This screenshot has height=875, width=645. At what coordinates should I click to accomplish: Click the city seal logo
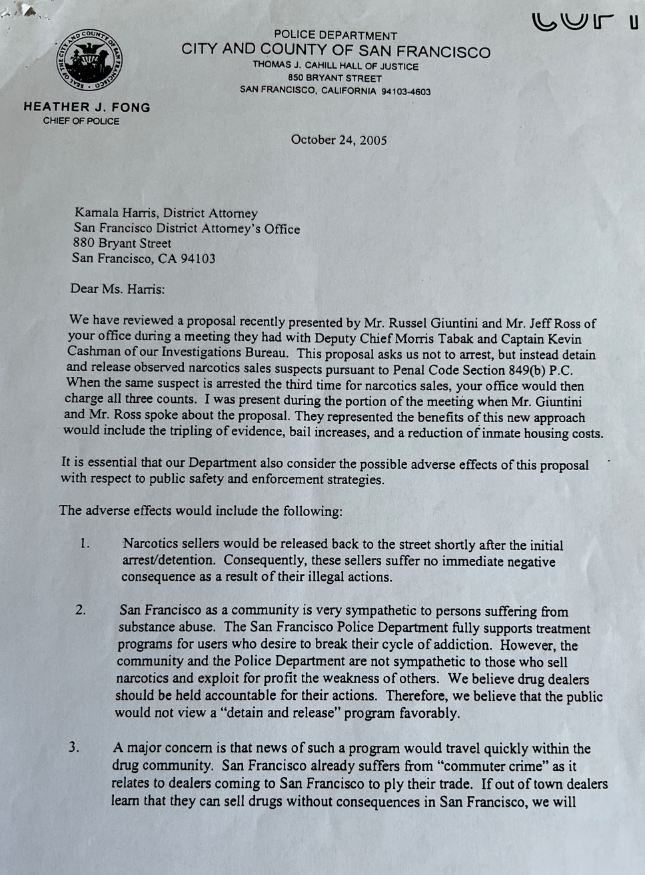pyautogui.click(x=89, y=60)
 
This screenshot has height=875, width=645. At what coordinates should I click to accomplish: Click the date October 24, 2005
pyautogui.click(x=338, y=140)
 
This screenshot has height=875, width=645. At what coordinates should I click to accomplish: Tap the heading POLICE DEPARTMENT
pyautogui.click(x=335, y=35)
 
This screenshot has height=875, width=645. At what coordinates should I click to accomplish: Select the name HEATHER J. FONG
pyautogui.click(x=87, y=107)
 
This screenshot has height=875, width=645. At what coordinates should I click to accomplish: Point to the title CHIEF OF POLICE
pyautogui.click(x=81, y=121)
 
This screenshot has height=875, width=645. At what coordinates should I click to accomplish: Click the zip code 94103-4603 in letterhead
pyautogui.click(x=406, y=91)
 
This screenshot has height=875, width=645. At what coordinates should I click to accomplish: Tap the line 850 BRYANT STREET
pyautogui.click(x=335, y=78)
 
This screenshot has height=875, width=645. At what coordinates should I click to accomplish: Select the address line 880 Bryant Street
pyautogui.click(x=123, y=244)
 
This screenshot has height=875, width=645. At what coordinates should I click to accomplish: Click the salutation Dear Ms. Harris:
pyautogui.click(x=117, y=289)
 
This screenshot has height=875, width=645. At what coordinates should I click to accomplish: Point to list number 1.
pyautogui.click(x=85, y=544)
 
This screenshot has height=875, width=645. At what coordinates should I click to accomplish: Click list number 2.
pyautogui.click(x=81, y=609)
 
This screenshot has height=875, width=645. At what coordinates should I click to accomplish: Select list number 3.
pyautogui.click(x=74, y=747)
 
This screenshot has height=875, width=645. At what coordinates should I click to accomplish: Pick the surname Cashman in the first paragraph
pyautogui.click(x=93, y=352)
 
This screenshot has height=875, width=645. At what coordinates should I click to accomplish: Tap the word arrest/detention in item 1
pyautogui.click(x=168, y=561)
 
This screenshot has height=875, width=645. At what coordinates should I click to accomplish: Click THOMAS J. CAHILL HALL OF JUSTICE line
pyautogui.click(x=335, y=66)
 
